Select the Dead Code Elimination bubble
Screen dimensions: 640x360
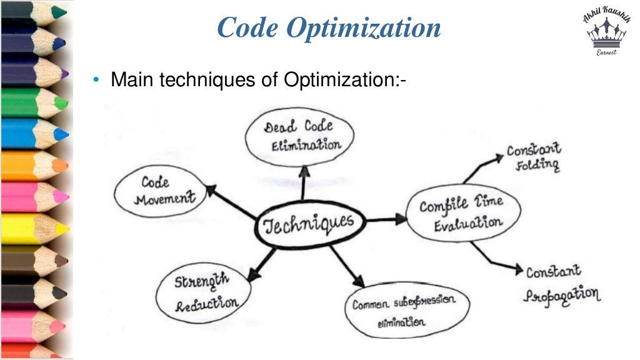301,136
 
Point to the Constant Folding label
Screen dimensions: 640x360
533,157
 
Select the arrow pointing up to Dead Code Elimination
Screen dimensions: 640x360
304,182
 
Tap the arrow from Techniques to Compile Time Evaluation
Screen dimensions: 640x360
385,219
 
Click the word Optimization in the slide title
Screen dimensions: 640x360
372,28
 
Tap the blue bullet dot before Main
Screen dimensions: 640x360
96,81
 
